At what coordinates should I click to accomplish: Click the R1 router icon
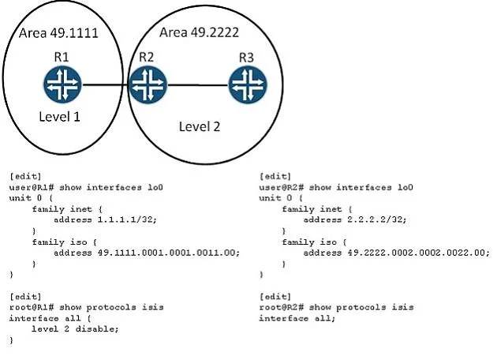pos(62,84)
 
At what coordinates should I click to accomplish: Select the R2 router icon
pos(148,84)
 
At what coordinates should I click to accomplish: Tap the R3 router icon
pos(248,84)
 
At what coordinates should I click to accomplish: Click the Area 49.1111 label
pos(58,33)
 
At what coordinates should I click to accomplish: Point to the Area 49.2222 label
pos(199,32)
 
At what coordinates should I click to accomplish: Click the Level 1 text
pos(59,117)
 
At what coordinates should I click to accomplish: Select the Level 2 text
pos(200,126)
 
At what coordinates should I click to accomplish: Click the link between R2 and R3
pos(197,85)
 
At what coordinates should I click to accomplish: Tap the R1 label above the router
pos(62,57)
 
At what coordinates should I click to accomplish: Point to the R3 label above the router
pos(246,58)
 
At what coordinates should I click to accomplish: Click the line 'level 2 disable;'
pos(75,329)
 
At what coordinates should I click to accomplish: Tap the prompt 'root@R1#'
pos(32,307)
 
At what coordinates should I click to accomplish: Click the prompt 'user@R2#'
pos(281,187)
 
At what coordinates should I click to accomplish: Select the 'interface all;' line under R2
pos(297,318)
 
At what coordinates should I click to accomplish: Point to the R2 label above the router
pos(147,57)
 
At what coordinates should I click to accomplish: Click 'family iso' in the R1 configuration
pos(59,242)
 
